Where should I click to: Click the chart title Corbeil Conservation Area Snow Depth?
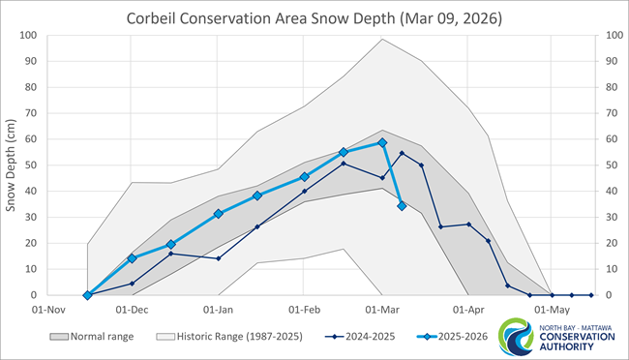[314, 17]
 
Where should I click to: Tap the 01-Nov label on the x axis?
[45, 311]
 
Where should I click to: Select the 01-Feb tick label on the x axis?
[304, 311]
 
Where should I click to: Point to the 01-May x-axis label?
[552, 311]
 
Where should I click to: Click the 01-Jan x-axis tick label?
[218, 311]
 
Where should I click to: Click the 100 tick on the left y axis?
[28, 36]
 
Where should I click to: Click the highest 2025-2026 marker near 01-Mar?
[382, 142]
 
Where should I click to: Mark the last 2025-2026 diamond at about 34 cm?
[402, 205]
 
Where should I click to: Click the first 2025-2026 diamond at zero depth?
[88, 295]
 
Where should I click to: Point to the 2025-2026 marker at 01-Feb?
[304, 177]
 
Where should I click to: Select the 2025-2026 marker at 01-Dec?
[133, 258]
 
